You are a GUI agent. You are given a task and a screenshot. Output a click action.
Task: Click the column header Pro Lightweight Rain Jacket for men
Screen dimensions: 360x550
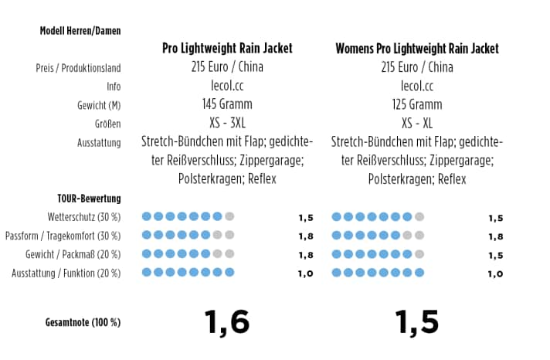point(227,49)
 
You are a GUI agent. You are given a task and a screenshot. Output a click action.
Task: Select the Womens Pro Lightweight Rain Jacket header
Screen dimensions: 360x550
point(417,49)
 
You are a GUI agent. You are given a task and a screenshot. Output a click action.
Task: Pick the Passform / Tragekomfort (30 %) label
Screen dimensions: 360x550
point(63,236)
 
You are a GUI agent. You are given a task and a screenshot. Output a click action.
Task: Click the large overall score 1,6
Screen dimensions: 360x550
point(226,321)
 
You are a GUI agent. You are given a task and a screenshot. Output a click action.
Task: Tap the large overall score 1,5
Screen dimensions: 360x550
point(417,321)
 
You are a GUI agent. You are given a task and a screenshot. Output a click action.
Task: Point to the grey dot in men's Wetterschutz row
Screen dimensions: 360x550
point(229,217)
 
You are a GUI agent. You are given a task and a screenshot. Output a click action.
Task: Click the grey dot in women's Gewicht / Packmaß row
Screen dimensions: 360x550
point(419,253)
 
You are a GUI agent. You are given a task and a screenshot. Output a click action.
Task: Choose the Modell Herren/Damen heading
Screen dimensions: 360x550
point(80,31)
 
